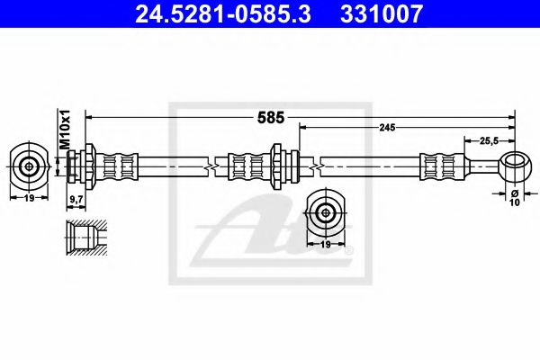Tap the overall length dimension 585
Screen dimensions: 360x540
click(271, 117)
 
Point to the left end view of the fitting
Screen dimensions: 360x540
click(29, 166)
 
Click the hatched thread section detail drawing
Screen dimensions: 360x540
click(85, 237)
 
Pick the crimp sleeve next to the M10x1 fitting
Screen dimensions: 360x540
click(121, 166)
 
